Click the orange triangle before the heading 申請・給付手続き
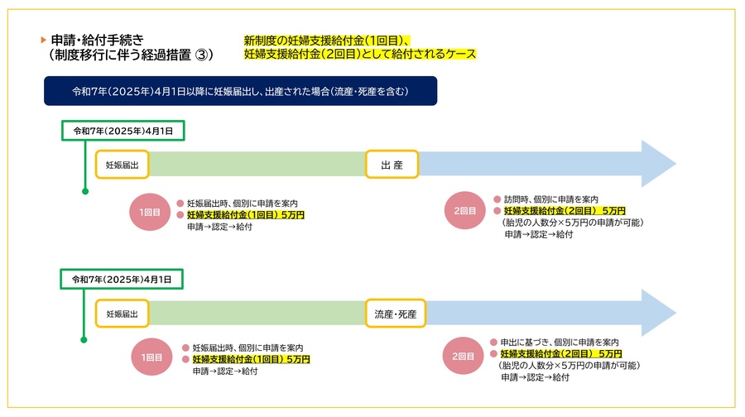43,40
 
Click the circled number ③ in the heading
202,55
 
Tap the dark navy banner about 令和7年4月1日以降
240,91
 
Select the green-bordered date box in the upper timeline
123,131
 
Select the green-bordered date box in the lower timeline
122,280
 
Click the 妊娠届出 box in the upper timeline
123,165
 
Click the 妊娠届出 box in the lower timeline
123,314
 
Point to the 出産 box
392,165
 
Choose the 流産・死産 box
396,314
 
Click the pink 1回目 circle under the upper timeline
150,212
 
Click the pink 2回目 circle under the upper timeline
464,210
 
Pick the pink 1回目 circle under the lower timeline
151,357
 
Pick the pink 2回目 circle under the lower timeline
463,356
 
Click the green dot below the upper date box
85,191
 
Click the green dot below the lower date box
84,339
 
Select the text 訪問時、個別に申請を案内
551,199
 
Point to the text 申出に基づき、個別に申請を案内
560,343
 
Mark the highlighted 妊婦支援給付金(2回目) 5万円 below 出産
565,211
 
